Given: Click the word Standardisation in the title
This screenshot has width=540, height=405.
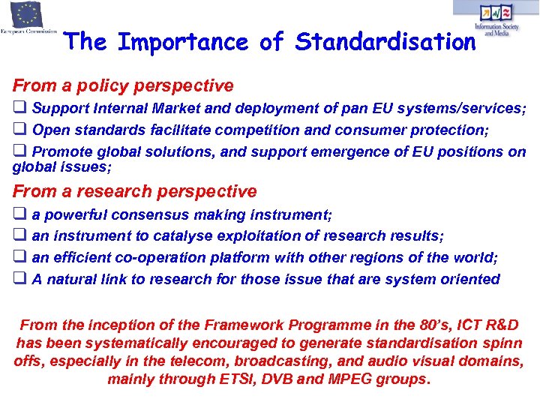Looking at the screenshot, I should (x=385, y=43).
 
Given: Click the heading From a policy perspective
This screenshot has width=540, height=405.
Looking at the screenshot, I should (x=123, y=86).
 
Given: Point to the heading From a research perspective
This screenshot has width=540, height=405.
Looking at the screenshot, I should (x=134, y=191).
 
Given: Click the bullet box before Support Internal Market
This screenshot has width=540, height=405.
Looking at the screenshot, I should (x=19, y=108).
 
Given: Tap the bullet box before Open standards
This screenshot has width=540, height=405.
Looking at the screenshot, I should (x=19, y=130).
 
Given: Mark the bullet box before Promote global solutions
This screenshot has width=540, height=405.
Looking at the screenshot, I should (x=19, y=151).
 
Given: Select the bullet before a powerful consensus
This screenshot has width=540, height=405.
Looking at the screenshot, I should (x=19, y=214).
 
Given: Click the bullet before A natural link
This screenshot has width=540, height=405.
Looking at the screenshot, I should (x=19, y=279).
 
